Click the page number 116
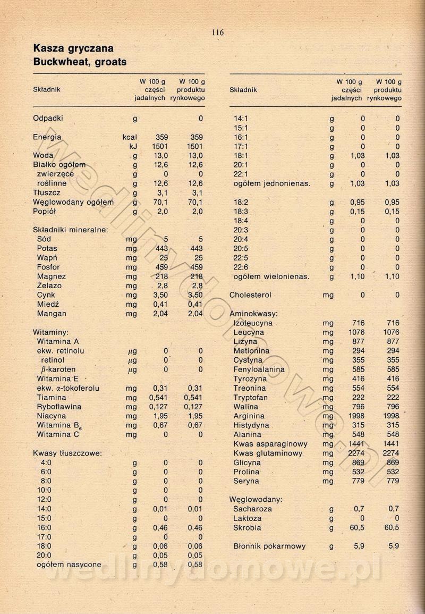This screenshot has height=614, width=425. tap(217, 33)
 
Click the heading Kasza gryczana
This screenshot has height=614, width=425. tap(73, 49)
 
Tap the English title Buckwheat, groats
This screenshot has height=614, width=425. tap(80, 62)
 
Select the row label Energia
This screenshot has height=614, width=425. tap(47, 137)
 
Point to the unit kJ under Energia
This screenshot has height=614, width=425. tap(134, 146)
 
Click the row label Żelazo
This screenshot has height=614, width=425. tap(49, 285)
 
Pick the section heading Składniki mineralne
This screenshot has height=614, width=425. tap(70, 230)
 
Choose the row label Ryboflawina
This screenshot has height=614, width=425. tap(58, 407)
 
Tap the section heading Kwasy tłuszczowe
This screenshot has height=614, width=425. tap(67, 453)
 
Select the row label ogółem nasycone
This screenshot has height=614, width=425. tap(69, 565)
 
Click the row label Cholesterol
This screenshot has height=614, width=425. tap(250, 295)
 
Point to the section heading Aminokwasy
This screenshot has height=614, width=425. tap(253, 314)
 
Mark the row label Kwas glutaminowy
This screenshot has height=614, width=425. tap(268, 453)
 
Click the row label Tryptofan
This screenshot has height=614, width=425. tap(250, 398)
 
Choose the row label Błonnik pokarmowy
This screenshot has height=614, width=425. tap(269, 546)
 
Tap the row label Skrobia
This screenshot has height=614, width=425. tap(247, 528)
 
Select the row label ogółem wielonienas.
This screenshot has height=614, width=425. tap(271, 276)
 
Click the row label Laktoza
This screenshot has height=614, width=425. tap(247, 518)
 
